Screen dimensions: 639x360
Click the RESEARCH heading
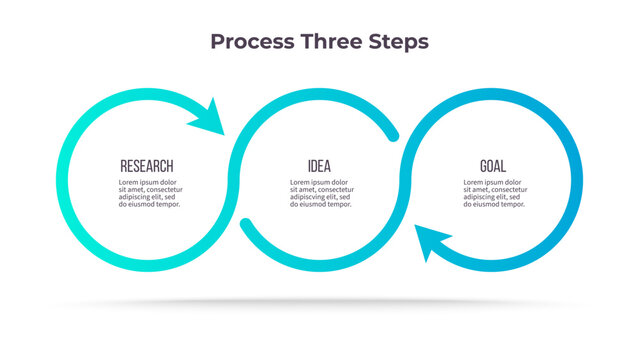146,166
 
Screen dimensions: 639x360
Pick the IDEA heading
319,166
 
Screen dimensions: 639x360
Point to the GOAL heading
492,166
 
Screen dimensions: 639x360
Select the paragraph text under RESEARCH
147,193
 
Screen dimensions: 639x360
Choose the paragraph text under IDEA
320,193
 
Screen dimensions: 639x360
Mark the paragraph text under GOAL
494,193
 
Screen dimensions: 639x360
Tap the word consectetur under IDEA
331,190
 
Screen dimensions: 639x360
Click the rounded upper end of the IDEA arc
392,133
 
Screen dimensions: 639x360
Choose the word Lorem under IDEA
302,183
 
